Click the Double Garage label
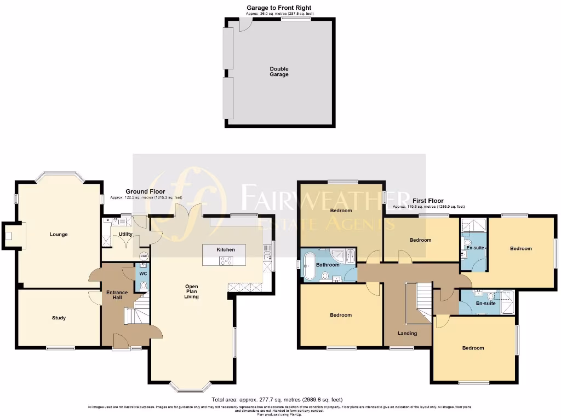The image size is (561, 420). [279, 72]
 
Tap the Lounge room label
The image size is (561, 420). [59, 235]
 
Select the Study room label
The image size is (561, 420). [59, 318]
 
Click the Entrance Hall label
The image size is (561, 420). [117, 295]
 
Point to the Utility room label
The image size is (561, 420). [125, 234]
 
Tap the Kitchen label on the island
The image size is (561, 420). [226, 249]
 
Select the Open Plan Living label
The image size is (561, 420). [191, 291]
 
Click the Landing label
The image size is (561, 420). [407, 333]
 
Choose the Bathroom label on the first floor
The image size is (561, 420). [328, 265]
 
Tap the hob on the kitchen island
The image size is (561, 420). [226, 261]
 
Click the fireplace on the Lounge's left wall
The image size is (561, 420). [9, 236]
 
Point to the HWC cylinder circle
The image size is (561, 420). [144, 256]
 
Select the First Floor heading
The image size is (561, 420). [428, 201]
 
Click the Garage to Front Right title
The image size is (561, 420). [279, 8]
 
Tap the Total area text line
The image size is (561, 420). [280, 400]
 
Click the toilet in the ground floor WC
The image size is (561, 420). [144, 285]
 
